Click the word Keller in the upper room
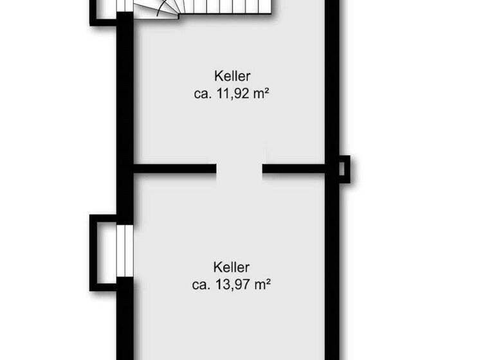click(232, 76)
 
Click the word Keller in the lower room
click(232, 266)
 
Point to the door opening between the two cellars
click(239, 169)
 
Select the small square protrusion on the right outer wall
click(344, 169)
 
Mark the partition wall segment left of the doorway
click(174, 169)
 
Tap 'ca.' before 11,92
click(202, 94)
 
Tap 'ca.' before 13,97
click(202, 283)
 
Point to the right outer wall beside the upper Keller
click(331, 90)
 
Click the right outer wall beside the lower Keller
click(331, 270)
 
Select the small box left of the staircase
click(103, 10)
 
